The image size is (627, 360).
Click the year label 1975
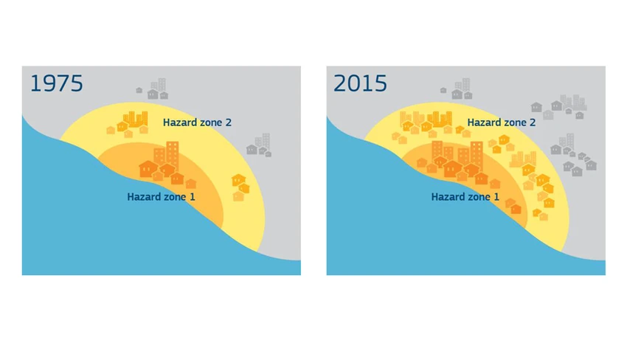pyautogui.click(x=56, y=83)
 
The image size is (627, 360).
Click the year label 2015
pyautogui.click(x=360, y=83)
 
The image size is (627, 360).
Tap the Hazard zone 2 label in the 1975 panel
pyautogui.click(x=197, y=122)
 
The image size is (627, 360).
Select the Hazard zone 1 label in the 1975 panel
pyautogui.click(x=161, y=197)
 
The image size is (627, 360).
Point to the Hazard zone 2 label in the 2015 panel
pyautogui.click(x=502, y=122)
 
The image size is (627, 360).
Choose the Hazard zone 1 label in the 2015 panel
pyautogui.click(x=465, y=197)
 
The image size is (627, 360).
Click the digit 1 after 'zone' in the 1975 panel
pyautogui.click(x=193, y=197)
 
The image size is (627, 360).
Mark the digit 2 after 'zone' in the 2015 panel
pyautogui.click(x=533, y=122)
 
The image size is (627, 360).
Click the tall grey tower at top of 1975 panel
pyautogui.click(x=162, y=85)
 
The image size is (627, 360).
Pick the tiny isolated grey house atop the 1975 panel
pyautogui.click(x=139, y=90)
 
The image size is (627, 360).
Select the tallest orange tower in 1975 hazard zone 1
pyautogui.click(x=173, y=155)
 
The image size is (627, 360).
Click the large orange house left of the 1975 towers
pyautogui.click(x=148, y=169)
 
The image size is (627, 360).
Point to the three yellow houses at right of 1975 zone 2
pyautogui.click(x=240, y=187)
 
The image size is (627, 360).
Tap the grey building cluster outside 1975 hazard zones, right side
pyautogui.click(x=259, y=145)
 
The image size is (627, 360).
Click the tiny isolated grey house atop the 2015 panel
pyautogui.click(x=443, y=90)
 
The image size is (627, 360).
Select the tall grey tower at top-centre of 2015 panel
pyautogui.click(x=466, y=85)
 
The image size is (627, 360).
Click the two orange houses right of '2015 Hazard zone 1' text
pyautogui.click(x=513, y=207)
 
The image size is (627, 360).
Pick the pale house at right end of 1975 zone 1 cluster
pyautogui.click(x=191, y=184)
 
